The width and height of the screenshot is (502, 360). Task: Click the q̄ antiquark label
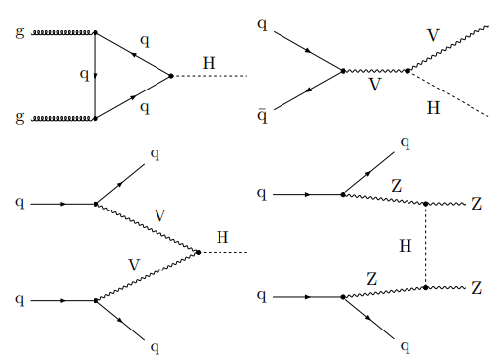(262, 116)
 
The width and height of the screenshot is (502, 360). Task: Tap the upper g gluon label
(20, 32)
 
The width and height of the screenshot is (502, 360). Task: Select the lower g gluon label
(20, 118)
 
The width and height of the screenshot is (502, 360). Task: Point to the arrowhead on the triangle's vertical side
(95, 76)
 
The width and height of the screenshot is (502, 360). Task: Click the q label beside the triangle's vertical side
(85, 75)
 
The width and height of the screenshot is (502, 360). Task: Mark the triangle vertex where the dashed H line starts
(170, 76)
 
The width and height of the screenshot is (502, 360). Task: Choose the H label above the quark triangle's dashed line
(209, 63)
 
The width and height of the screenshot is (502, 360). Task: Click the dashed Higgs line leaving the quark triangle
(210, 76)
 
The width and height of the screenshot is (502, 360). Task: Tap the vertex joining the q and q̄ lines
(343, 71)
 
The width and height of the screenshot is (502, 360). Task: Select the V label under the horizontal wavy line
(375, 85)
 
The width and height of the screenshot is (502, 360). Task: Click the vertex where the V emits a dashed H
(408, 71)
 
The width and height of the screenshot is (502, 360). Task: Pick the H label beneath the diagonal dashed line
(433, 108)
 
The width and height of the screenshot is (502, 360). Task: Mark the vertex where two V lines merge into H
(198, 252)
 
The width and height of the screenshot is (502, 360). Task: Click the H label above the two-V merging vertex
(222, 237)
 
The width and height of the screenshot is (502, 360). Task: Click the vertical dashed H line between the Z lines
(426, 246)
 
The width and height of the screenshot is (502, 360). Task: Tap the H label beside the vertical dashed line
(406, 246)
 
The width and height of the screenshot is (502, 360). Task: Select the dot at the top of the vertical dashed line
(426, 204)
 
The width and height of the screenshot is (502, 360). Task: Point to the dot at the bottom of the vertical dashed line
(426, 288)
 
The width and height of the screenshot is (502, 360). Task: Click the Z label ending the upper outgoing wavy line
(477, 204)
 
